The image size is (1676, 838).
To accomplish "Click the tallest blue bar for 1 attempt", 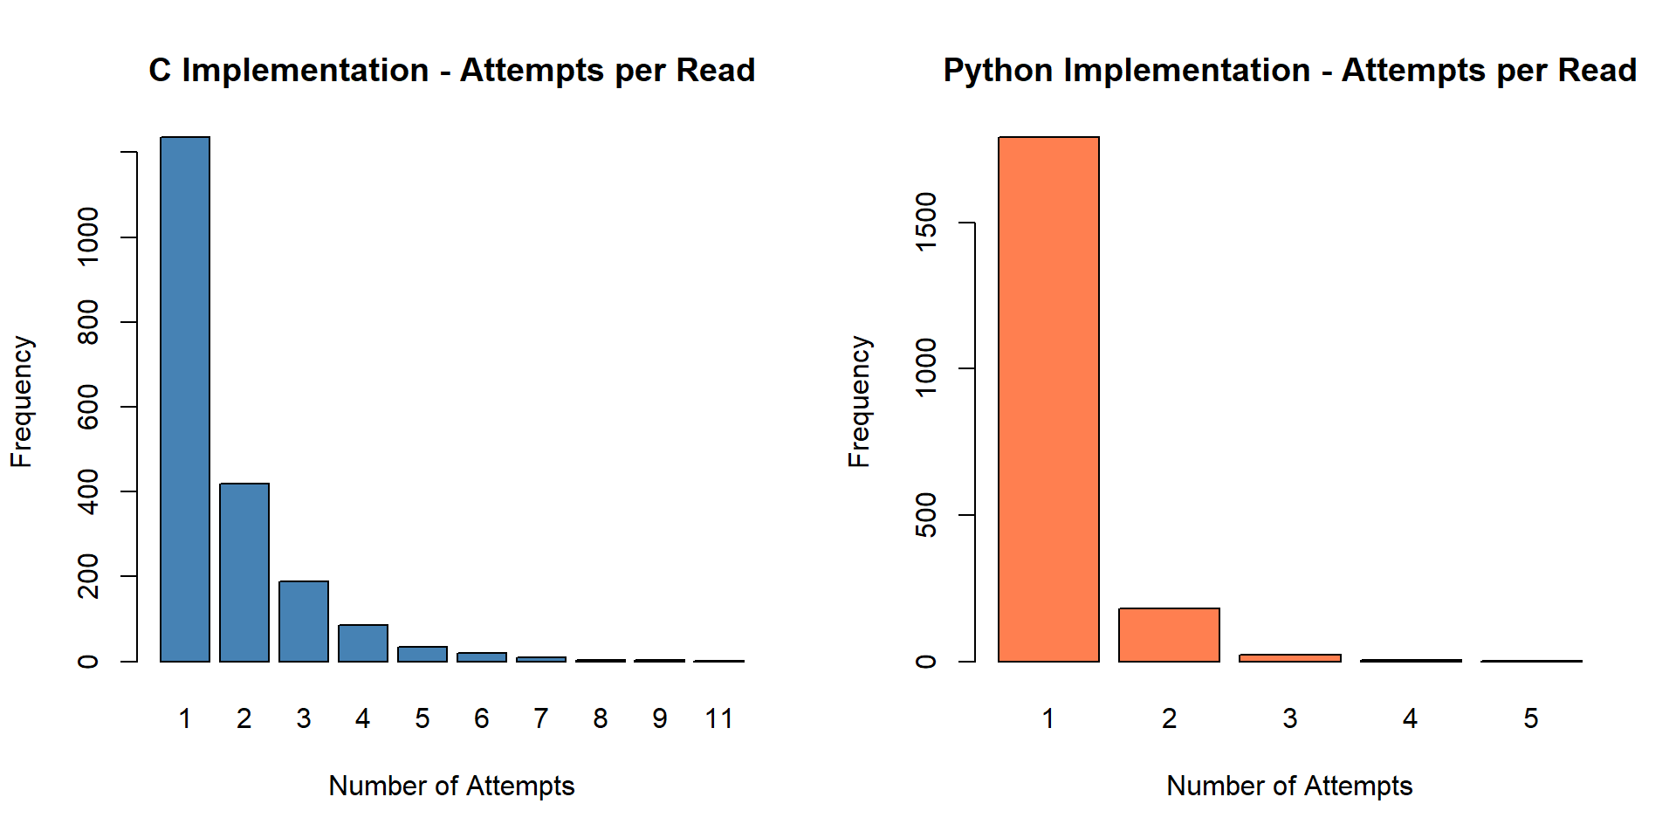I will point(185,399).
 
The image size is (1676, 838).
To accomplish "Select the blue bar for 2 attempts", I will point(244,572).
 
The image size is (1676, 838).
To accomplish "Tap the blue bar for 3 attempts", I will point(304,621).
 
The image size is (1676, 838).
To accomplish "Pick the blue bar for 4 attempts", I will point(363,642).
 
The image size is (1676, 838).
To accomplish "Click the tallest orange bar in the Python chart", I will point(1048,399).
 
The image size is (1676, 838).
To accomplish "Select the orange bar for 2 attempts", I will point(1169,635).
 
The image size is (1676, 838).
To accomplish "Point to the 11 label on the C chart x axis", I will point(719,718).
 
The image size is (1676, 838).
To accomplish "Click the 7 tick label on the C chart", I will point(541,718).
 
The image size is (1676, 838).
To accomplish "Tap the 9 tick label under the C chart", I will point(660,718).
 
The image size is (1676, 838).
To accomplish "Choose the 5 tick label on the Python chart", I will point(1531,718).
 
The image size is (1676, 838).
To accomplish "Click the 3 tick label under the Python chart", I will point(1290,718).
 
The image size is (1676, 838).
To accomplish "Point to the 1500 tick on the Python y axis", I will point(925,223).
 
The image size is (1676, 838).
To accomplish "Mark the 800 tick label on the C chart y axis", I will point(88,322).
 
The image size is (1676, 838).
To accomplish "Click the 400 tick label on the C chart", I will point(88,491).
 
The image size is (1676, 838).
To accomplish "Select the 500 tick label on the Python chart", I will point(925,515).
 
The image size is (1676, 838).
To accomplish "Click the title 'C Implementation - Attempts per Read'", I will point(451,70).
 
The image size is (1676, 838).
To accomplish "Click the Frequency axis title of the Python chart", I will point(860,402).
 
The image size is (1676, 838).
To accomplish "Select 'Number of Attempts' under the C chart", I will point(451,786).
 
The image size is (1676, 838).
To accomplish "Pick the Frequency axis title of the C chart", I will point(22,402).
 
